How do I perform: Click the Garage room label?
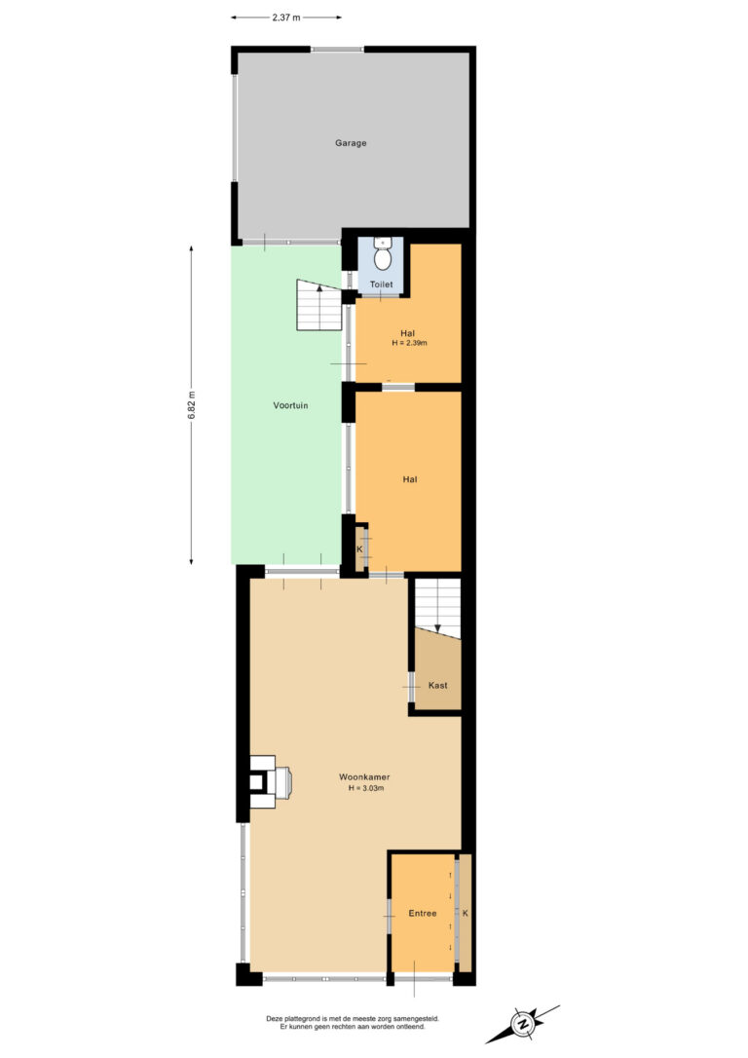[x=351, y=143]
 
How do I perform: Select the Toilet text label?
[x=381, y=284]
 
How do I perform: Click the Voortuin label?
[x=290, y=405]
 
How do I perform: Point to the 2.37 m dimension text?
[x=286, y=18]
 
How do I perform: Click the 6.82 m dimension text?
[x=192, y=405]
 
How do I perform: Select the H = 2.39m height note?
[x=409, y=343]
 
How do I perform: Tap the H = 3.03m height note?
[x=366, y=787]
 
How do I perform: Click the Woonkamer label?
[x=364, y=777]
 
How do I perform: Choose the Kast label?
[x=437, y=685]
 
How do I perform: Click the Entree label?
[x=423, y=913]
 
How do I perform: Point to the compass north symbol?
[x=523, y=1024]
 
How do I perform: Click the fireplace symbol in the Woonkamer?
[x=270, y=781]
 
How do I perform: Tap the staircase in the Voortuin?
[x=319, y=305]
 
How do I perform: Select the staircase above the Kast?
[x=437, y=607]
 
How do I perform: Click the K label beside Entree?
[x=466, y=913]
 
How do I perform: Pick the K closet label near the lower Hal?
[x=359, y=549]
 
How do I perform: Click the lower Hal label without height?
[x=410, y=479]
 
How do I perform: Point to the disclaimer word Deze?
[x=275, y=1019]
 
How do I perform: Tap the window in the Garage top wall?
[x=337, y=49]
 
